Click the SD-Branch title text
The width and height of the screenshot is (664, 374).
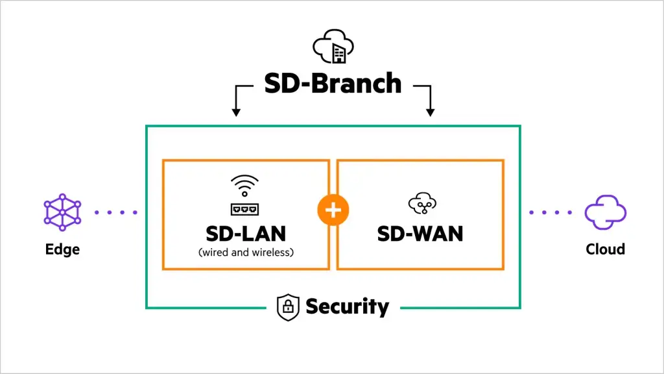(333, 84)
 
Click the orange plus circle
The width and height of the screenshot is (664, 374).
(333, 210)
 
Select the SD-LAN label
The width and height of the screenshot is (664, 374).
(246, 234)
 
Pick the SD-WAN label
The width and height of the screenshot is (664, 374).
(420, 234)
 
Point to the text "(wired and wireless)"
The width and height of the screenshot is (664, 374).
(246, 252)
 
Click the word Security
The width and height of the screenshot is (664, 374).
(347, 306)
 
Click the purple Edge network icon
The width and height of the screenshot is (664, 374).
(62, 212)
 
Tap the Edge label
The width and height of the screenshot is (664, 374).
(62, 249)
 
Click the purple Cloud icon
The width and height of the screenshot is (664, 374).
(605, 212)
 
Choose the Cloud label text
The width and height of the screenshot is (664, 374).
(605, 249)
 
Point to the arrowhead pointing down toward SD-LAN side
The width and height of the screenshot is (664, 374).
(236, 112)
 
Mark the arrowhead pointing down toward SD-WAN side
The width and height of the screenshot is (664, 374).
(430, 112)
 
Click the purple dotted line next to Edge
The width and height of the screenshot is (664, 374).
(116, 212)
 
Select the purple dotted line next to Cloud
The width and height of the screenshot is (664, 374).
(551, 212)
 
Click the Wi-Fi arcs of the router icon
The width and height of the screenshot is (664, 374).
(244, 184)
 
